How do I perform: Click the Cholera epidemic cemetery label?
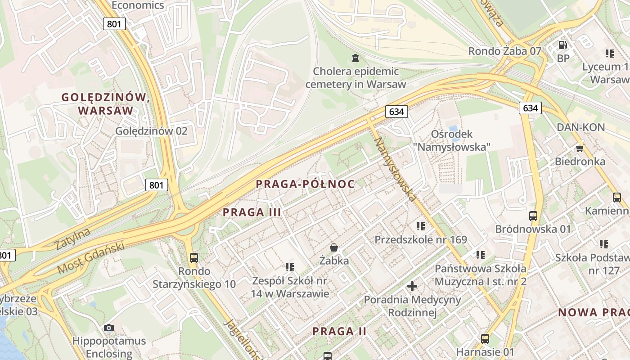pos(355,78)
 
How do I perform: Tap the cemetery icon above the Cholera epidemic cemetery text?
pos(355,58)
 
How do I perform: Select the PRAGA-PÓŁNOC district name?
pos(305,184)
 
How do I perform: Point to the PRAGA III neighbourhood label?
pos(252,212)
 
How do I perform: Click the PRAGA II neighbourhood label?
pos(340,332)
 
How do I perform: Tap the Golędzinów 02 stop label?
pos(151,131)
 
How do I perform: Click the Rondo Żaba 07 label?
pos(504,51)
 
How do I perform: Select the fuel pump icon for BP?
pos(562,45)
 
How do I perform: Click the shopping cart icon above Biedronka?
pos(580,148)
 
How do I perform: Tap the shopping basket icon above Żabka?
pos(334,247)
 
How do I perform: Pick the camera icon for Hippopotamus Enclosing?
pos(109,328)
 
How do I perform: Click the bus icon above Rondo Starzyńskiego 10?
pos(194,258)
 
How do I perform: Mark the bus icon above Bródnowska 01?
pos(533,216)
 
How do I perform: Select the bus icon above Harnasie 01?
pos(485,339)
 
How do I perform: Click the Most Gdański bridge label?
pos(90,258)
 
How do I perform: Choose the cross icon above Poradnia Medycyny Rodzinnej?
pos(412,286)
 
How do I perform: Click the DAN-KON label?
pos(580,127)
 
